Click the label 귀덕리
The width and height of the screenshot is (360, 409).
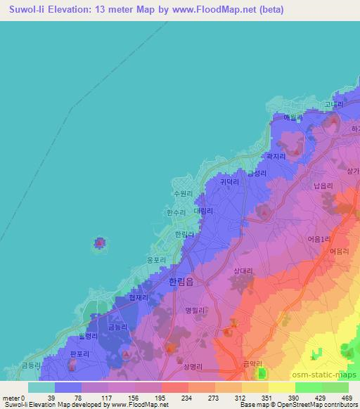229,181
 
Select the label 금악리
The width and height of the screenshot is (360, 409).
252,363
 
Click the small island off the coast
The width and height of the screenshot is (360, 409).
100,244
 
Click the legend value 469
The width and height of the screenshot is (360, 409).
346,397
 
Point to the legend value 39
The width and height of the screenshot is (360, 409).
51,397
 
